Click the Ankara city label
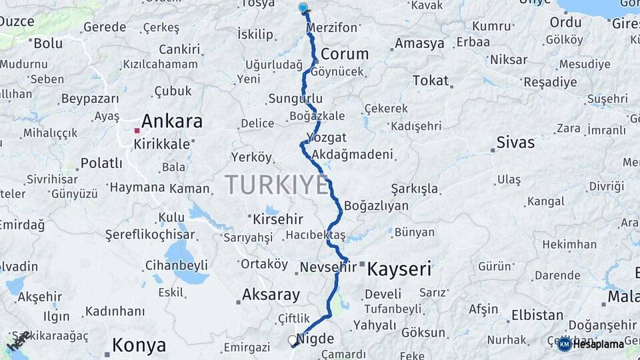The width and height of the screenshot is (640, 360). coord(172,121)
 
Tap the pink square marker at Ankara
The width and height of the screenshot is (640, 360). coord(137,130)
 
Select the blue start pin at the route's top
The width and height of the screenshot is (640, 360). coord(303,7)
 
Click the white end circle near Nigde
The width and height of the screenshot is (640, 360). coord(292,340)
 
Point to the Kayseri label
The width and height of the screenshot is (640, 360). coord(399,269)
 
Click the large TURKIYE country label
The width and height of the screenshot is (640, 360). coord(277,185)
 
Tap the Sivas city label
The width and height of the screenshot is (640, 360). coord(515,142)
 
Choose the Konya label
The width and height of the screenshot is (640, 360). coord(139,345)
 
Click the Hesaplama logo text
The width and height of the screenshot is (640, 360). coord(598,344)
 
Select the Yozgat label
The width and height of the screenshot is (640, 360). coord(327,137)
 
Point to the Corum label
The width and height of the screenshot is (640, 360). coord(345,54)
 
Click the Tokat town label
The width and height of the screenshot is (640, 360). coord(431,81)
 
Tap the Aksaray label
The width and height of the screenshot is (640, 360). coord(271,294)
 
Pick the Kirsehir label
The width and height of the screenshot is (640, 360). coord(278,219)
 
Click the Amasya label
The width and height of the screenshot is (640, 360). coord(419,43)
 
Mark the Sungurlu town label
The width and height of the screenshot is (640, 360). coord(295,99)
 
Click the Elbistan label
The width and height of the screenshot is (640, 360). coord(537,315)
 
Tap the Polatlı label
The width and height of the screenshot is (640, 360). coord(101,163)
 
